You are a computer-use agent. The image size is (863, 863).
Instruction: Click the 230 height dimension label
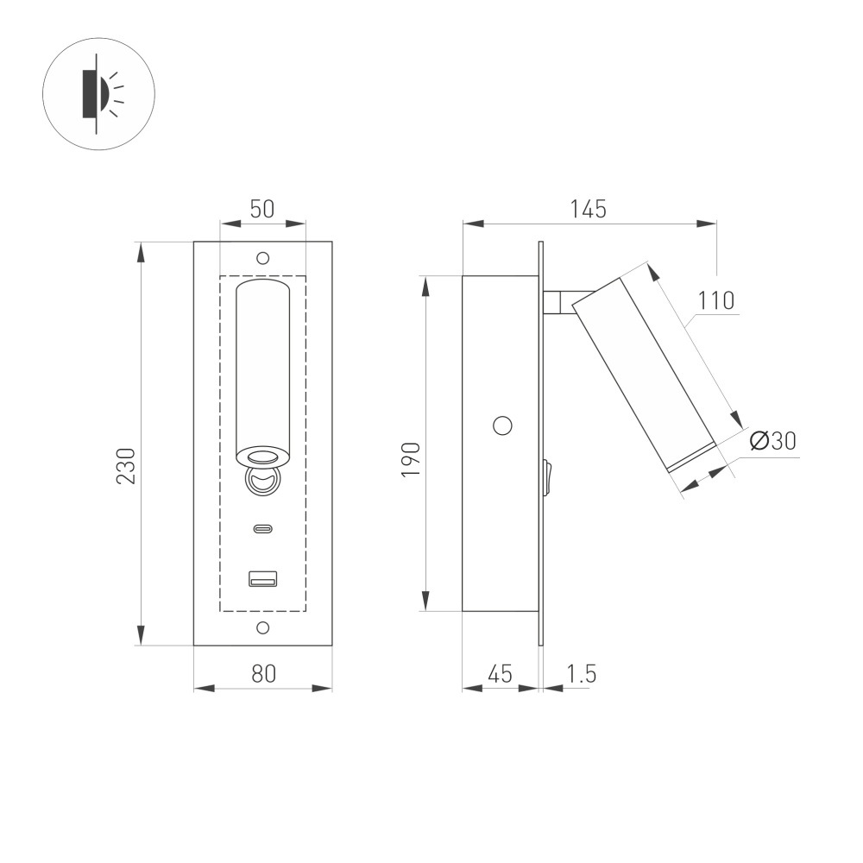pyautogui.click(x=126, y=465)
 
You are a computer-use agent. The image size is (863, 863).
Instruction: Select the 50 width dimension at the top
pyautogui.click(x=262, y=209)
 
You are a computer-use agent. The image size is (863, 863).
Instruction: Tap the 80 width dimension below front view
pyautogui.click(x=263, y=673)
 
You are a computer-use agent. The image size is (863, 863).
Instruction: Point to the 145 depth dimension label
pyautogui.click(x=588, y=209)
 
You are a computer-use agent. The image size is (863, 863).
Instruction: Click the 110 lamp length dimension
pyautogui.click(x=716, y=300)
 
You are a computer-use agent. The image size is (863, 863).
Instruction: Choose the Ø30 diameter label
pyautogui.click(x=773, y=441)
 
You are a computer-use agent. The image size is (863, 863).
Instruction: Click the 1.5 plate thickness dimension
pyautogui.click(x=582, y=673)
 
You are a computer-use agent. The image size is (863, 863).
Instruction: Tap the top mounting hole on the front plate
pyautogui.click(x=263, y=257)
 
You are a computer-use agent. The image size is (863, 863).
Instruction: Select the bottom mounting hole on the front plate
pyautogui.click(x=263, y=627)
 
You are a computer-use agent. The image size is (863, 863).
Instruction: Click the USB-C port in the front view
pyautogui.click(x=263, y=529)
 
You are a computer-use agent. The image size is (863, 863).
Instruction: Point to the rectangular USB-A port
pyautogui.click(x=263, y=579)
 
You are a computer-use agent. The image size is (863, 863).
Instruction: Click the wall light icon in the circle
pyautogui.click(x=98, y=94)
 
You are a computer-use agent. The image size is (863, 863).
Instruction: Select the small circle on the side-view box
pyautogui.click(x=501, y=425)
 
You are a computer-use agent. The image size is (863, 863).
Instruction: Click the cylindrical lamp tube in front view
pyautogui.click(x=263, y=362)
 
